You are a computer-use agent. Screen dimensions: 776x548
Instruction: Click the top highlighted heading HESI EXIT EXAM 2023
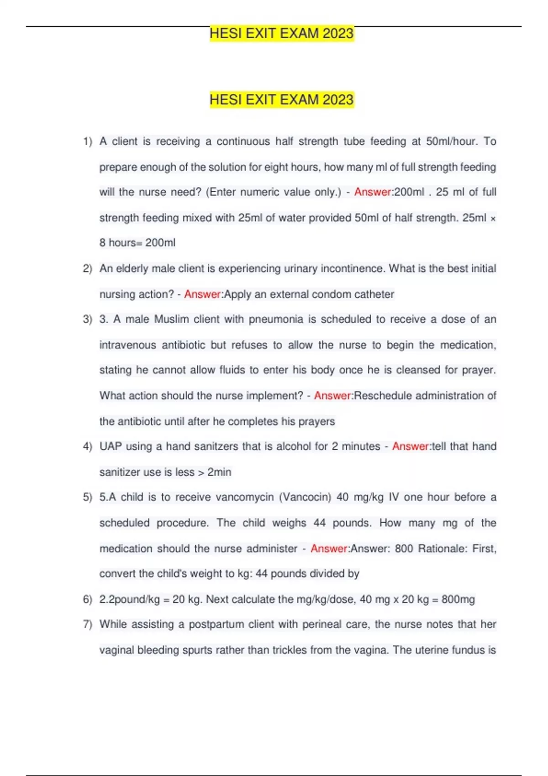tap(281, 33)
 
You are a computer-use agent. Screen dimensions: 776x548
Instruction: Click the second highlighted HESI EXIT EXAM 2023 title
tap(281, 100)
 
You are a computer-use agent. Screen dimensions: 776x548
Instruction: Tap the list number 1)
tap(88, 142)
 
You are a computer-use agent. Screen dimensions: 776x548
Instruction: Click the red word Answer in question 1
tap(373, 192)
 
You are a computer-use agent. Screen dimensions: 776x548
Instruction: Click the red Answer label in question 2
tap(202, 294)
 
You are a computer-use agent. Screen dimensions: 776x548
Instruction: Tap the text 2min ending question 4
tap(219, 472)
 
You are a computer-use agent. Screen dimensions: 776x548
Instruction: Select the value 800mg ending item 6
tap(458, 599)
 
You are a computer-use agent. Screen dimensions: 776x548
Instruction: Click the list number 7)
tap(88, 624)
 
